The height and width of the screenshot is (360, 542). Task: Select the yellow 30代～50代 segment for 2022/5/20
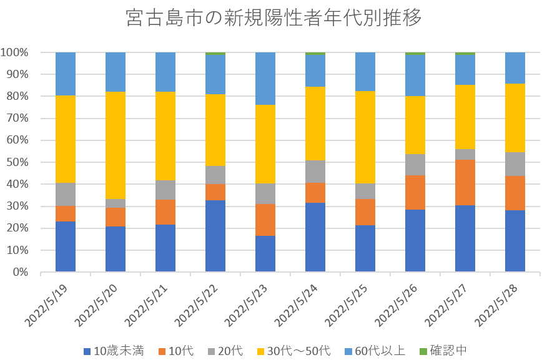[116, 145]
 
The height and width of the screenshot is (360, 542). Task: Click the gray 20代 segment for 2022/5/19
[66, 194]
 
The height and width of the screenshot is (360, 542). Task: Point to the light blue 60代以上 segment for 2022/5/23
[265, 78]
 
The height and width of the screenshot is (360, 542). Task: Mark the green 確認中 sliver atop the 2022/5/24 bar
[315, 54]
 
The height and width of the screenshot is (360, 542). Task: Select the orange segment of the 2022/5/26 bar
[415, 192]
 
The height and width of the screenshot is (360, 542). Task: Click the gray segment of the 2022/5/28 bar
[515, 164]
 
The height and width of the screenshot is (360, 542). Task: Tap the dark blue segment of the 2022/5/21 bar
[165, 248]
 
